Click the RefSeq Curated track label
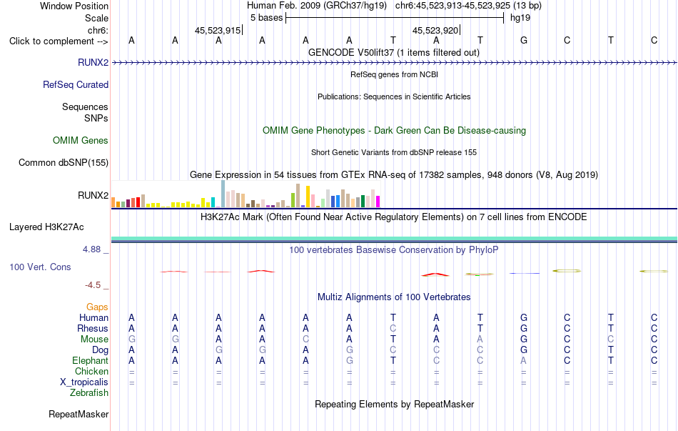point(76,84)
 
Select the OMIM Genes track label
point(81,140)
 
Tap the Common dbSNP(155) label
point(64,162)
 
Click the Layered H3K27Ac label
point(46,227)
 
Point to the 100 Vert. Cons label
point(40,267)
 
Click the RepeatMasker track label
point(79,414)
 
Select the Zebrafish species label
point(89,393)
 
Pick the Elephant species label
point(91,360)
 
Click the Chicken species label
point(91,371)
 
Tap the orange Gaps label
point(97,307)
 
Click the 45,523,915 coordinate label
point(218,30)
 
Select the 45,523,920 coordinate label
point(435,30)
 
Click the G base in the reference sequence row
point(524,40)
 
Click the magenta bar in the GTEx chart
point(378,202)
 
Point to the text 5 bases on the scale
point(266,18)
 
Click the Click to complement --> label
point(59,41)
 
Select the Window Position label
point(74,6)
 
